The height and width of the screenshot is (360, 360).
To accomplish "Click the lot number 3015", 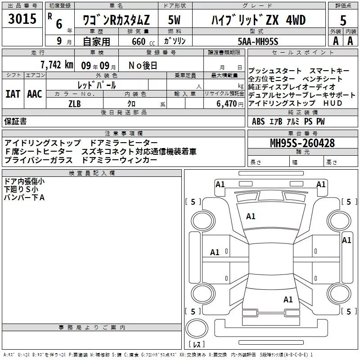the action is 22,19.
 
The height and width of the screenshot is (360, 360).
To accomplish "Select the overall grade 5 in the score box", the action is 343,21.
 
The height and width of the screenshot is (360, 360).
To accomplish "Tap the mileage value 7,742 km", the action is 57,65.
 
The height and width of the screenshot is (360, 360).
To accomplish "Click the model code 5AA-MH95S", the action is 258,41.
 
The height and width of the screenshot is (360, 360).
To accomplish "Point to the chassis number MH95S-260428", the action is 302,143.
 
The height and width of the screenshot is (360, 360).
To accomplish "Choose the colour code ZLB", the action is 75,104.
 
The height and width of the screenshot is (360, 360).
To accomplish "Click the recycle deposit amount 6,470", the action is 227,104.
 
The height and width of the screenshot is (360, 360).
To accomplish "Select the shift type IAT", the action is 13,94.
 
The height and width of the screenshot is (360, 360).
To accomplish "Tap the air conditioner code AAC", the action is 35,94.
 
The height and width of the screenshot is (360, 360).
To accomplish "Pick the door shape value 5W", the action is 174,20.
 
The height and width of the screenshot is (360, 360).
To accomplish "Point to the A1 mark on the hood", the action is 251,216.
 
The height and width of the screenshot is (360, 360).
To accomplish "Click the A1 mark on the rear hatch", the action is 288,299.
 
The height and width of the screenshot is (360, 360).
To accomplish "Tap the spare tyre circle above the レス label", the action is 197,328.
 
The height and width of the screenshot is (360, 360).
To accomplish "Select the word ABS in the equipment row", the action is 258,121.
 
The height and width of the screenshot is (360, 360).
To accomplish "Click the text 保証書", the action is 15,121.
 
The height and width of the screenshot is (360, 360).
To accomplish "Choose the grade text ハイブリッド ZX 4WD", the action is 258,20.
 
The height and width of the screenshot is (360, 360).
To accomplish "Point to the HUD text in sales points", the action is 333,103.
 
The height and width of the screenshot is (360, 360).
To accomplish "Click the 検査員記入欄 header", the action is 92,173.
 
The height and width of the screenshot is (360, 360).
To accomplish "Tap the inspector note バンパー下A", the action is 24,198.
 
